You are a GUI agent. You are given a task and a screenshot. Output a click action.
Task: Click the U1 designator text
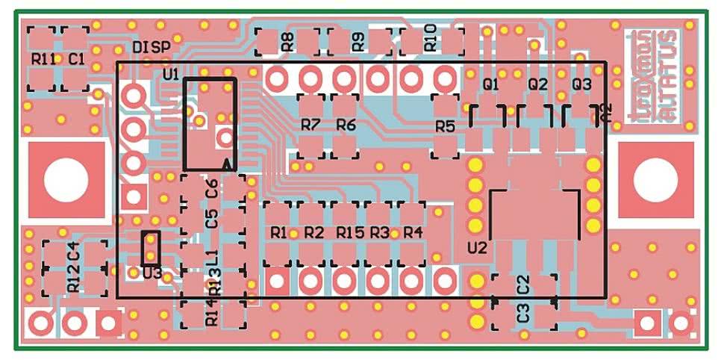click(170, 74)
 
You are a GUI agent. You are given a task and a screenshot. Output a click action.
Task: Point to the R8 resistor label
click(287, 42)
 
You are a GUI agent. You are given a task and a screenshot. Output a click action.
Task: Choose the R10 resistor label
click(430, 42)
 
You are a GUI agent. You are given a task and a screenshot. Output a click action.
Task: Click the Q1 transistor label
click(490, 84)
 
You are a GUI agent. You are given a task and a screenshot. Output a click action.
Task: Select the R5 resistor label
click(445, 126)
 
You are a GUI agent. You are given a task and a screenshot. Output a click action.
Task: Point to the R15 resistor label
click(349, 233)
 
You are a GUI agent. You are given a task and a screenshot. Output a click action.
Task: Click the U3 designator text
click(152, 273)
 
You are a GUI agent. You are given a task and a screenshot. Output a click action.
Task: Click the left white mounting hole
click(65, 181)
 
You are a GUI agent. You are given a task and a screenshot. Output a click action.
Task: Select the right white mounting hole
click(655, 181)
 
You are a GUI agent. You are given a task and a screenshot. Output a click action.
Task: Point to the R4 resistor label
click(413, 233)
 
